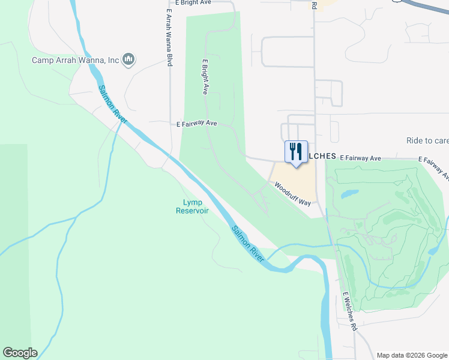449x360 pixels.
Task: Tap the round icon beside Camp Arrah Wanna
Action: (x=128, y=59)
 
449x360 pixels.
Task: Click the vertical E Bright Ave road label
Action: (x=205, y=77)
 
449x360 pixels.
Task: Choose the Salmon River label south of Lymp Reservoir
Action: (x=248, y=243)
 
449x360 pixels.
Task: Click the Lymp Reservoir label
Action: (x=192, y=206)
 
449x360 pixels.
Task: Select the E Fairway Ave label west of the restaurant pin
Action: (x=196, y=124)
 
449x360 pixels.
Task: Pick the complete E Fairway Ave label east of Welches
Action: (x=360, y=158)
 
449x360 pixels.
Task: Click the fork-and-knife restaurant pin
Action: (x=295, y=152)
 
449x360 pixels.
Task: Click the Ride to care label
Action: (x=427, y=140)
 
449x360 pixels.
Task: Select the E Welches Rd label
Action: (x=349, y=312)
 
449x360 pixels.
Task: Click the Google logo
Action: (x=20, y=353)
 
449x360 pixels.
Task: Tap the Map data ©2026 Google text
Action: (x=412, y=355)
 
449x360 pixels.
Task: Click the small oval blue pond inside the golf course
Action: (x=349, y=195)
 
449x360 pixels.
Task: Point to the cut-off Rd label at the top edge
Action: (x=314, y=5)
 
